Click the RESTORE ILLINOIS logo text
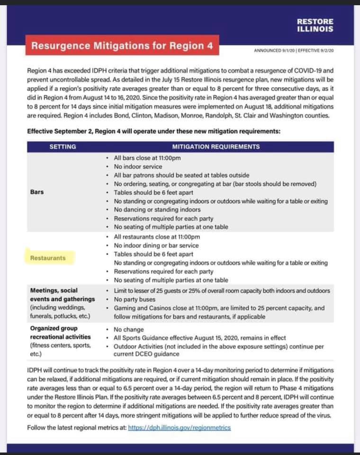[315, 25]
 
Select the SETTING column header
[63, 146]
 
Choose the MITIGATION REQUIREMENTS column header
[216, 146]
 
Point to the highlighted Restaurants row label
[48, 258]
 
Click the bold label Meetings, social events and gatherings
[62, 295]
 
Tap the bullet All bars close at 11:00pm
[147, 158]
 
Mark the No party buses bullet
[135, 300]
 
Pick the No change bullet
[128, 329]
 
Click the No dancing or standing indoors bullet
[157, 209]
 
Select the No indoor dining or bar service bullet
[156, 246]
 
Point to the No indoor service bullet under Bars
[138, 166]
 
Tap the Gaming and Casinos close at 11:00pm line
[219, 308]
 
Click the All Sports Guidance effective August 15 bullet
[200, 338]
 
